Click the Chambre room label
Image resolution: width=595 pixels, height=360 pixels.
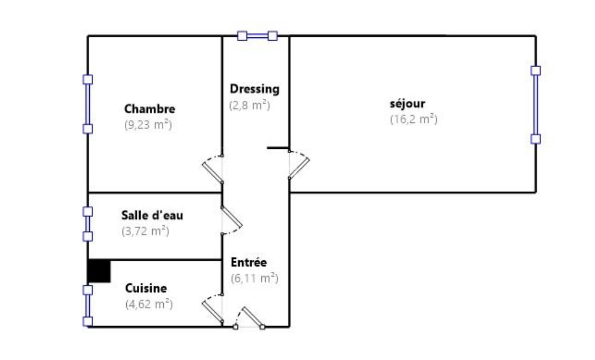click(x=150, y=109)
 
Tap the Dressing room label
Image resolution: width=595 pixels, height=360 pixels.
click(x=255, y=89)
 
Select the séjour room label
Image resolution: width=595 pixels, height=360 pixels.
click(x=407, y=103)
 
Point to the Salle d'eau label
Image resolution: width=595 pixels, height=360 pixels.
click(x=152, y=215)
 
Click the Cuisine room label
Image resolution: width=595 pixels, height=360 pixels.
click(x=146, y=288)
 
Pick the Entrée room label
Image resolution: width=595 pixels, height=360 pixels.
click(x=249, y=262)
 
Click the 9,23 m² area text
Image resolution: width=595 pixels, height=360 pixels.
click(x=148, y=125)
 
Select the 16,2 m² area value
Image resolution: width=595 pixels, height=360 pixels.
click(x=414, y=120)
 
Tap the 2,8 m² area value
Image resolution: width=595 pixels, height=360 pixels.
click(x=249, y=105)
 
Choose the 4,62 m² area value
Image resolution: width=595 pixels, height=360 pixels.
click(x=149, y=304)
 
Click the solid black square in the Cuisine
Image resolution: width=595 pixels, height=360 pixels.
click(x=99, y=271)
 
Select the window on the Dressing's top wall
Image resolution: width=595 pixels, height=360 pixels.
click(x=257, y=36)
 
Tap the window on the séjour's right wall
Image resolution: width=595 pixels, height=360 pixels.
click(x=536, y=105)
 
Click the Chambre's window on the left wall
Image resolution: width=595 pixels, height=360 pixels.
click(x=88, y=104)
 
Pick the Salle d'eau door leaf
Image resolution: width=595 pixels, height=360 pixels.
click(x=232, y=217)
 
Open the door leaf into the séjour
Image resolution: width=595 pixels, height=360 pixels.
click(x=299, y=168)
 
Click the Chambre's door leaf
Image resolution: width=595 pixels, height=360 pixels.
click(x=212, y=173)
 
